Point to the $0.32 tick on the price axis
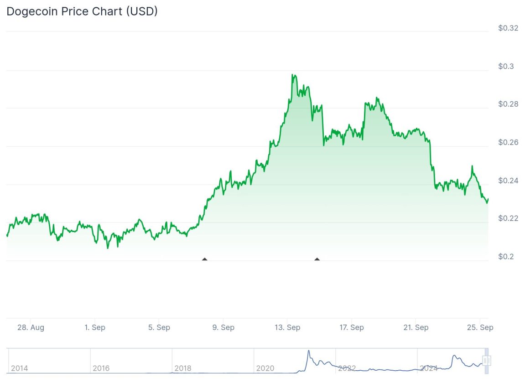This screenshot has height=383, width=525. (508, 28)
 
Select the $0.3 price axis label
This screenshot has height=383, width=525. (506, 67)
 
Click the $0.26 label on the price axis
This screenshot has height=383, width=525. (508, 142)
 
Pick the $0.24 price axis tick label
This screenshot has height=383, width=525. (508, 181)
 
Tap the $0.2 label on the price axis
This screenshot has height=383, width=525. (506, 257)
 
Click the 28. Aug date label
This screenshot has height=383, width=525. (31, 327)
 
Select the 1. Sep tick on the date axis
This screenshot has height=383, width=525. (95, 327)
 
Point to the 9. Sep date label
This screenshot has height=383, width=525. (224, 327)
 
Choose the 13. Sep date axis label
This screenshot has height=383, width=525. (287, 327)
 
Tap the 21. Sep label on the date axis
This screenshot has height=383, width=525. (416, 327)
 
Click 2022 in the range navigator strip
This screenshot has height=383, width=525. (347, 368)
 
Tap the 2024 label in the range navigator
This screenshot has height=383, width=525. (429, 368)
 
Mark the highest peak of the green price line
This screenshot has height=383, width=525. (292, 75)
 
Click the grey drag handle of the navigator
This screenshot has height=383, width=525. (487, 361)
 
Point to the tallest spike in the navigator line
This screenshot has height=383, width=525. (308, 351)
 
